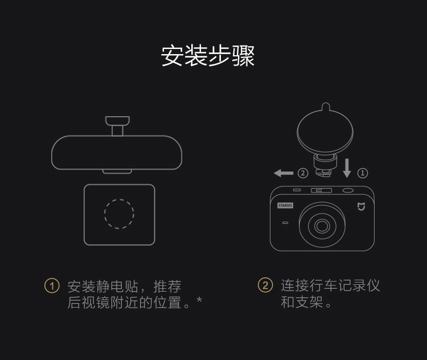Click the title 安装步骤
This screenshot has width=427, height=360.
tap(208, 56)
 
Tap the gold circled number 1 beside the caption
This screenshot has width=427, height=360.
tap(52, 285)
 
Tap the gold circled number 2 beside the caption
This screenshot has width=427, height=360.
tap(265, 285)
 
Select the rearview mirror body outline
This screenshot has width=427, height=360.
tap(117, 136)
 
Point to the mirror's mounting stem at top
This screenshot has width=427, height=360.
tap(117, 126)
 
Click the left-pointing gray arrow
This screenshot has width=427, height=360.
tap(284, 173)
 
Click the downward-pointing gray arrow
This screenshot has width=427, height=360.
tap(347, 168)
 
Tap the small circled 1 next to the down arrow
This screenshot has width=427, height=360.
tap(363, 173)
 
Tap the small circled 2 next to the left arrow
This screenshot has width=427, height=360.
tap(303, 173)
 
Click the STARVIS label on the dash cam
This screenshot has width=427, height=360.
tap(285, 206)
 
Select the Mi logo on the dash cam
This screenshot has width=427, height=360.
tap(361, 207)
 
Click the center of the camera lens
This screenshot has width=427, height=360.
tap(322, 226)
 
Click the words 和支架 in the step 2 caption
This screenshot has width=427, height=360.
tap(302, 302)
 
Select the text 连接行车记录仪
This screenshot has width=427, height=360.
tap(330, 285)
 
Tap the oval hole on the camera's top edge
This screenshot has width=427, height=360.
tap(348, 190)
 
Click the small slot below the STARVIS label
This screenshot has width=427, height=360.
tap(285, 223)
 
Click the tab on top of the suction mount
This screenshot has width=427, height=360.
tap(326, 107)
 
